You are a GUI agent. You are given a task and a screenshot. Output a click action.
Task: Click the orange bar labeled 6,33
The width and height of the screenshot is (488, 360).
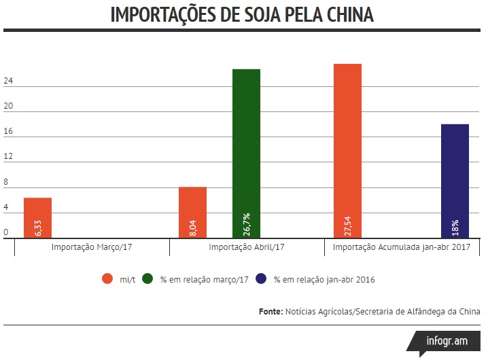37,217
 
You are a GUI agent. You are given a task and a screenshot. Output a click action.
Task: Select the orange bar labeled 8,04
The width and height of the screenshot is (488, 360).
192,212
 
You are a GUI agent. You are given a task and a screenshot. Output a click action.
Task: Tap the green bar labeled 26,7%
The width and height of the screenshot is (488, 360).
246,153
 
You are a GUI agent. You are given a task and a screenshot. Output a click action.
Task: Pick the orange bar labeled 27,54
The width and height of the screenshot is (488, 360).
347,150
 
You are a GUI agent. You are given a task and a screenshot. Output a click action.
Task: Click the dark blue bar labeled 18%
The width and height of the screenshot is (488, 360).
455,181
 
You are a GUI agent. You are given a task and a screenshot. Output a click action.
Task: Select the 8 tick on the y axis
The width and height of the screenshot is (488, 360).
6,183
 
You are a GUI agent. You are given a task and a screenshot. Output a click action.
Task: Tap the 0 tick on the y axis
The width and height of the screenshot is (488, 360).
6,232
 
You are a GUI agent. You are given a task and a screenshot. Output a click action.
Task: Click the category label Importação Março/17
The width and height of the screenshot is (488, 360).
92,247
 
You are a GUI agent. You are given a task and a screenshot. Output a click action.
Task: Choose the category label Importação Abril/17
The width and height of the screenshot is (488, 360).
246,247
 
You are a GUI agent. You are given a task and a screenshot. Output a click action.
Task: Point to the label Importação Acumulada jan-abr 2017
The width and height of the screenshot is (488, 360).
402,247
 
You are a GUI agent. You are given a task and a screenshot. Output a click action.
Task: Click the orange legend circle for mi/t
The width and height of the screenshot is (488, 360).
107,278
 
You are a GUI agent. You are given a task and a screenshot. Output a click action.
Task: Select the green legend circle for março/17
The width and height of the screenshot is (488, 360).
148,278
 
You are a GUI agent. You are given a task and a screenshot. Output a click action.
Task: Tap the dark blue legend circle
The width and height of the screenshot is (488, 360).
261,278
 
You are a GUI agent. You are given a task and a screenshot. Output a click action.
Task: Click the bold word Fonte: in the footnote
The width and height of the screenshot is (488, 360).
271,311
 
